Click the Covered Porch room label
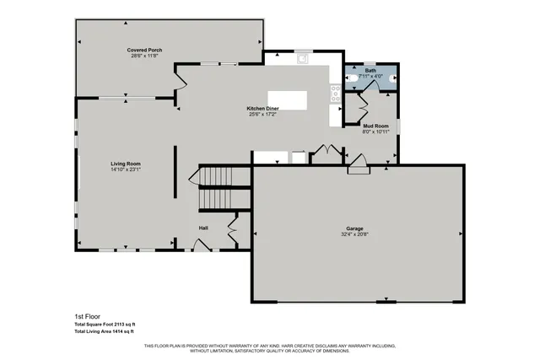click(x=144, y=51)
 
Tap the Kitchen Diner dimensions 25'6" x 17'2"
click(x=263, y=115)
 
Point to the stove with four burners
click(x=336, y=93)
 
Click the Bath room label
click(x=370, y=71)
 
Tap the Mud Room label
click(x=375, y=126)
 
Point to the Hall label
click(x=203, y=228)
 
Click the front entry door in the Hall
click(x=201, y=245)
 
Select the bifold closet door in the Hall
click(x=233, y=228)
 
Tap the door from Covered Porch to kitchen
click(x=180, y=83)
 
